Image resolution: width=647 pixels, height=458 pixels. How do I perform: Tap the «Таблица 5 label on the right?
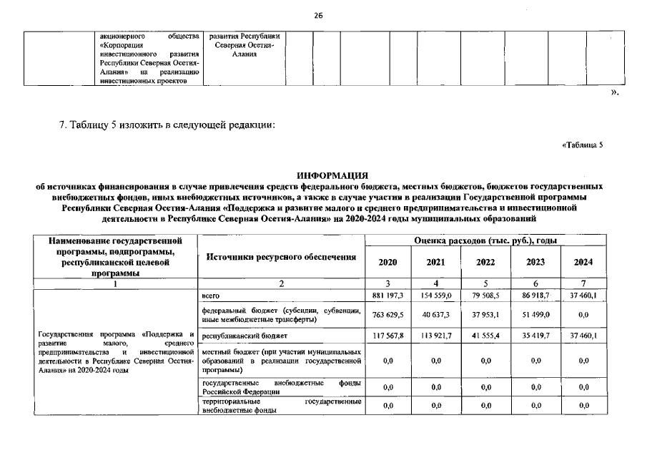tap(583, 145)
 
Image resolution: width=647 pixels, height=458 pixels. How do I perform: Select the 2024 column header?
tap(583, 262)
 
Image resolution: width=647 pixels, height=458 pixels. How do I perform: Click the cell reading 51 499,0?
tap(535, 315)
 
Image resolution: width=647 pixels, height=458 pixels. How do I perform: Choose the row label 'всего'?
tap(211, 295)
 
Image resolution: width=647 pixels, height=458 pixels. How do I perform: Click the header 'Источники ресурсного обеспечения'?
tap(281, 256)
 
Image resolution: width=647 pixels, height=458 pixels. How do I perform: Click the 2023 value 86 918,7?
tap(535, 295)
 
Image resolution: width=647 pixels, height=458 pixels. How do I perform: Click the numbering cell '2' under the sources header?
tap(281, 283)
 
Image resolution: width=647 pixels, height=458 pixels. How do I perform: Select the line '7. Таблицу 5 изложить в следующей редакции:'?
tap(167, 126)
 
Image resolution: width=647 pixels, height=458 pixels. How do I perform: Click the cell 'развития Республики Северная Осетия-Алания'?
tap(245, 45)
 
